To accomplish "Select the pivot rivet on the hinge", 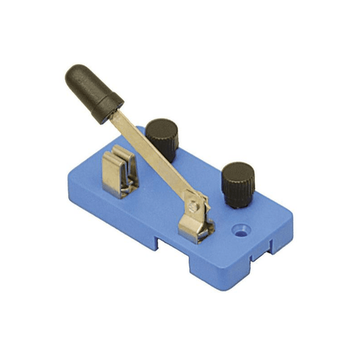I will click(193, 206).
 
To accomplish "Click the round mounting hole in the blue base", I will click(243, 229).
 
